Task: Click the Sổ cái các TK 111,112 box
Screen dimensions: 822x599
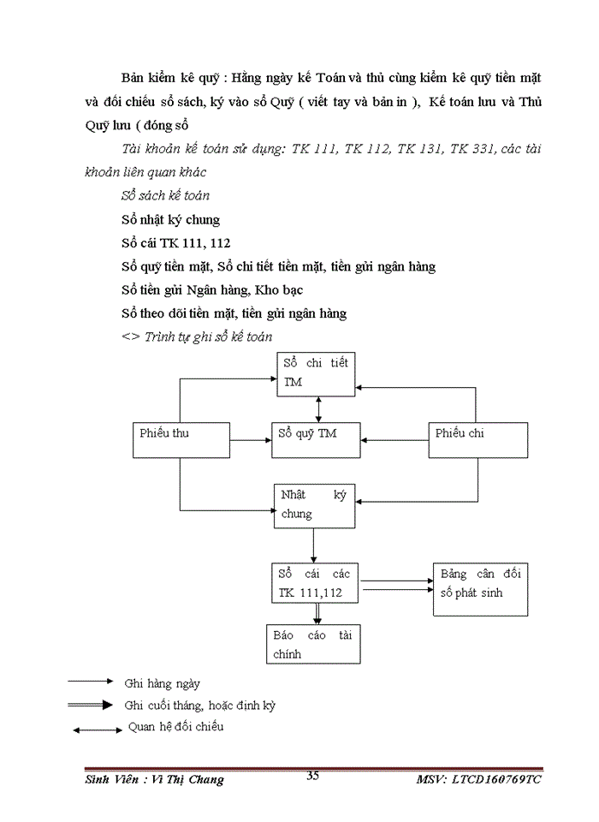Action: pyautogui.click(x=315, y=583)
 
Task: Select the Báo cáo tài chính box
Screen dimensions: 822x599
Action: pyautogui.click(x=315, y=645)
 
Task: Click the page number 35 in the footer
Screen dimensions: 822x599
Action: pyautogui.click(x=312, y=776)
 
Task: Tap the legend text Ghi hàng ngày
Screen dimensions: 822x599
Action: pyautogui.click(x=162, y=683)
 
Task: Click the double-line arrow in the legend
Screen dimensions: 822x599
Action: pyautogui.click(x=91, y=706)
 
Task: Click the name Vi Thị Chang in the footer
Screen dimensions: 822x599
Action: pyautogui.click(x=185, y=780)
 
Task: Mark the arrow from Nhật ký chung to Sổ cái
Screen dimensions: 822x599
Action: pyautogui.click(x=314, y=545)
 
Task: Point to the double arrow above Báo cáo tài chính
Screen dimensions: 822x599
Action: pyautogui.click(x=317, y=613)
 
